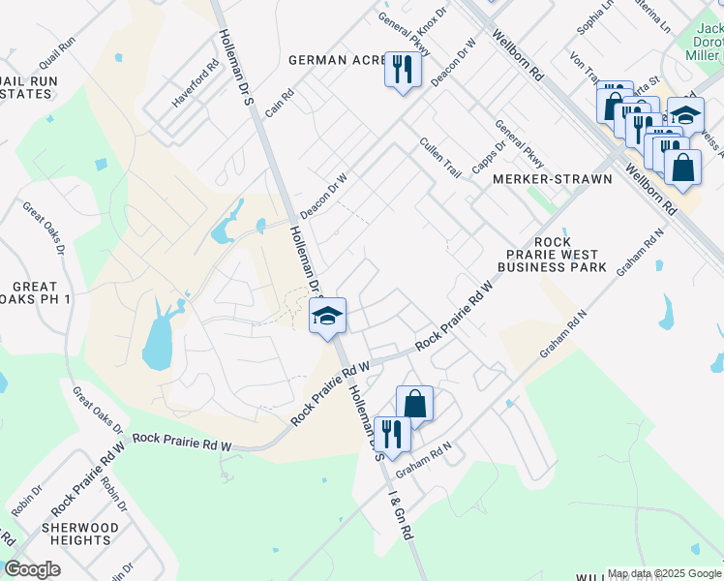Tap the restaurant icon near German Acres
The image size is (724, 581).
(403, 70)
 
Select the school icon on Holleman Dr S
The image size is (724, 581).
(328, 315)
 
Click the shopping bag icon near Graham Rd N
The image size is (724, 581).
(414, 404)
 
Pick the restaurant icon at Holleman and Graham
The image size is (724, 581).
(392, 432)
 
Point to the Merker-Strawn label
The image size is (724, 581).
(553, 179)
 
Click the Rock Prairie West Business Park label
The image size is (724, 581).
(552, 254)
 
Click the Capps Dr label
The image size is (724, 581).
(488, 160)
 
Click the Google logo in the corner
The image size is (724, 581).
(33, 569)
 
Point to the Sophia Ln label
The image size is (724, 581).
(594, 17)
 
